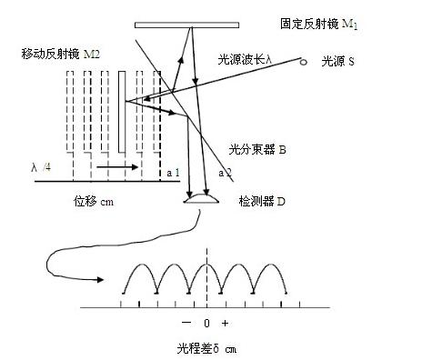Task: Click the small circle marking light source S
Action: point(304,62)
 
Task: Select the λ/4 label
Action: point(40,167)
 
